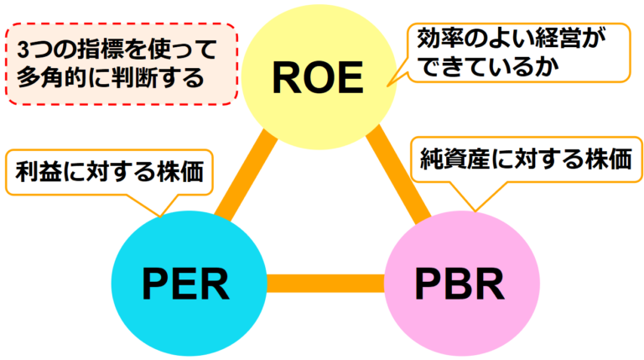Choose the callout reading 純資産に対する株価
tap(526, 159)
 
